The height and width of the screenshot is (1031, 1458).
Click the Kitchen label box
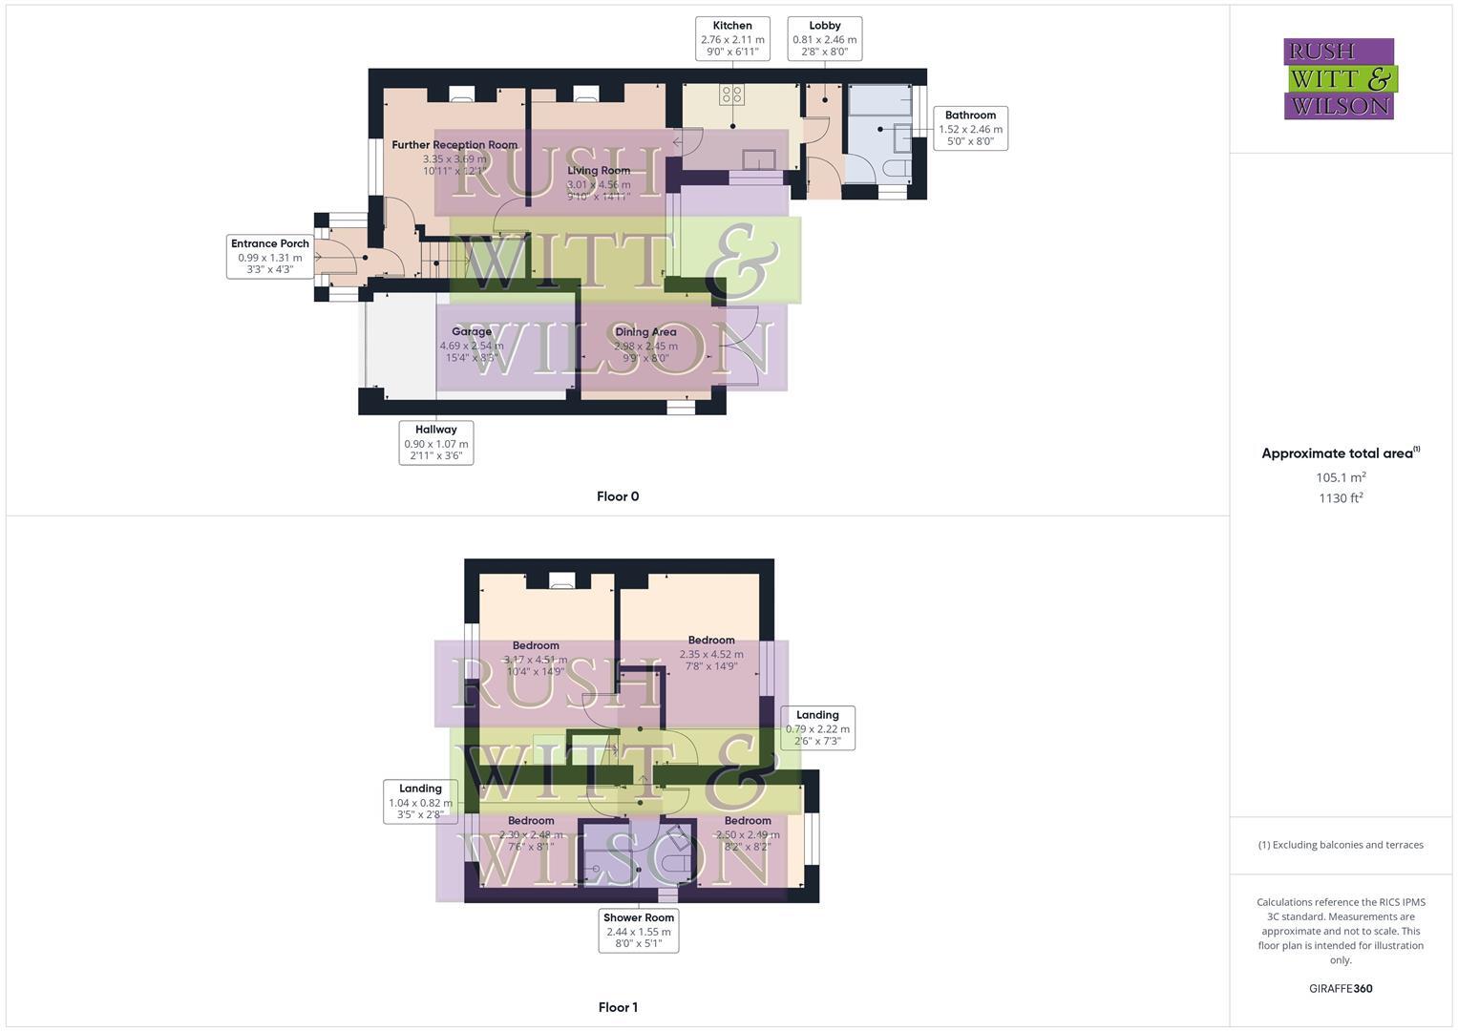pos(732,39)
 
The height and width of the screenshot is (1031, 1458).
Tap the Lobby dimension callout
pos(824,39)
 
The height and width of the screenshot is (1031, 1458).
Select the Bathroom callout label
pos(970,128)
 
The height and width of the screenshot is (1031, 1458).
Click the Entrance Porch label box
pos(270,256)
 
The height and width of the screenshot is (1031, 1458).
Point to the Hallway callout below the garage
pos(435,443)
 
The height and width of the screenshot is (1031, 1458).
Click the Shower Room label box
pos(639,931)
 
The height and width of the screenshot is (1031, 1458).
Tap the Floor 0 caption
pos(618,496)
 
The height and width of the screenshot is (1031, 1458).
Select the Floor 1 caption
pos(618,1007)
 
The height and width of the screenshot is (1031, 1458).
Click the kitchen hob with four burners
pos(732,95)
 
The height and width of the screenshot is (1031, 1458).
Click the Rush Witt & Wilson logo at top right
pos(1340,79)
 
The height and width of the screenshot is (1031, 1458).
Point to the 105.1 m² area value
pos(1341,477)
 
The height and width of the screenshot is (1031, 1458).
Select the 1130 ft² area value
pos(1341,498)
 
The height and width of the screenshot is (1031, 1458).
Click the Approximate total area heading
pos(1340,453)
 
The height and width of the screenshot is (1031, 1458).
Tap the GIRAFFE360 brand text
pos(1341,989)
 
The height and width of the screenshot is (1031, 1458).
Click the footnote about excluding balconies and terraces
pos(1341,845)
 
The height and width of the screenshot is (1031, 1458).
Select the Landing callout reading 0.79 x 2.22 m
pos(817,727)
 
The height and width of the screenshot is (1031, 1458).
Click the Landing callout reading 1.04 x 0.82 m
pos(420,802)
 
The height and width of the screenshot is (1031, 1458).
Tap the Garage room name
pos(472,332)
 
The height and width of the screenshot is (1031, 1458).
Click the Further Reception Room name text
pos(454,145)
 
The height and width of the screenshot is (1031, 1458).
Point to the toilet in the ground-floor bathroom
pos(896,169)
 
